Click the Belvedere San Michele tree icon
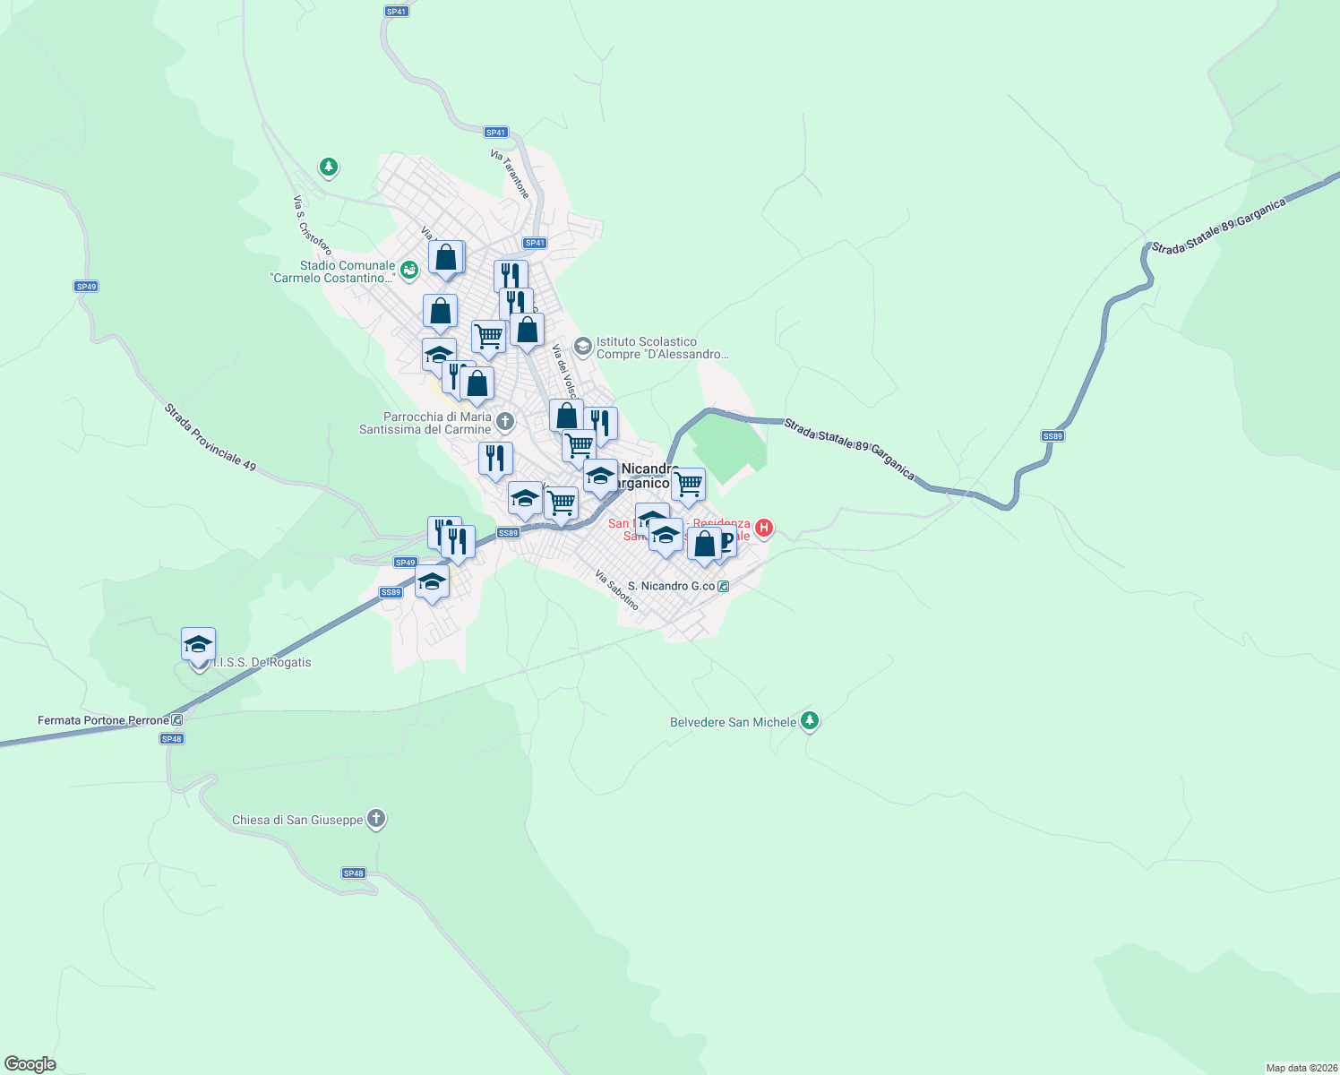810,720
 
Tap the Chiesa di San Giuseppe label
297,820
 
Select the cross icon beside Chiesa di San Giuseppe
376,818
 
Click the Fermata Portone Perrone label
103,720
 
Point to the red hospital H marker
764,528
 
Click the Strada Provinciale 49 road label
210,437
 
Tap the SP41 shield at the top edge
396,12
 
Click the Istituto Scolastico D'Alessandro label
662,348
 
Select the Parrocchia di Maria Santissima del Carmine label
425,423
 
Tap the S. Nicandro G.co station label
672,586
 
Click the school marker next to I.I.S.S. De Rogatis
198,645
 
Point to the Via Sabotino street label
617,590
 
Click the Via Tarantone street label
510,174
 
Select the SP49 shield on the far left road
86,287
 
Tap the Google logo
30,1064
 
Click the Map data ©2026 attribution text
1300,1068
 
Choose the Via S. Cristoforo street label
313,225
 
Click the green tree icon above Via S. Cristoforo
329,167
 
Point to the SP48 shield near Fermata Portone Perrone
172,739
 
